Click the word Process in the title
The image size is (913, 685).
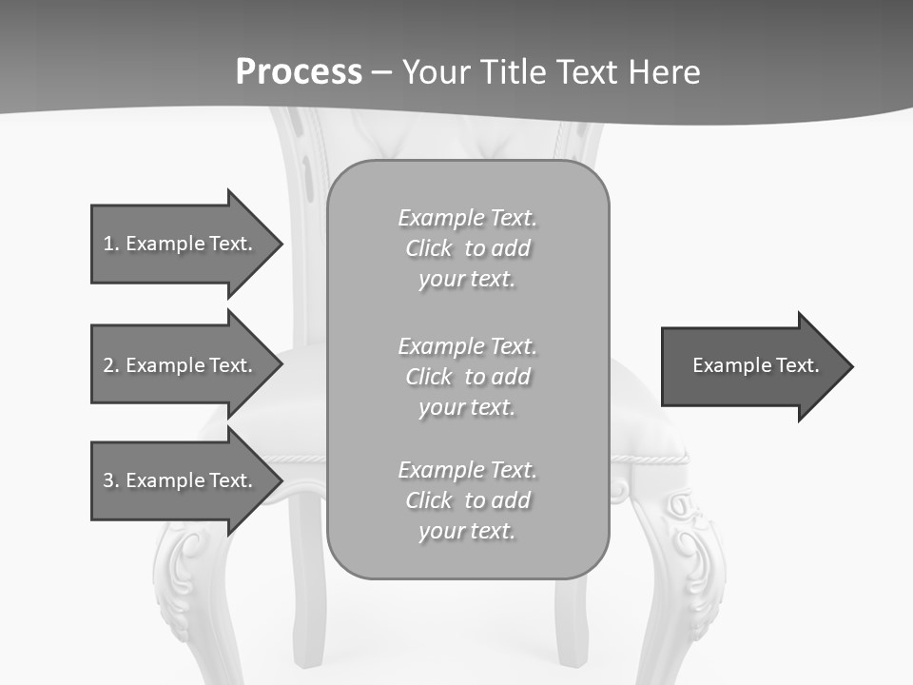(x=299, y=72)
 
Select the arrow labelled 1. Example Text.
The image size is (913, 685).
(x=181, y=244)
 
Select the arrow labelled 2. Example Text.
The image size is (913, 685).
(x=181, y=365)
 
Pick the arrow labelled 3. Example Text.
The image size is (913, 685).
(x=181, y=480)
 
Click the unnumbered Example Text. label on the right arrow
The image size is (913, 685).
(x=755, y=365)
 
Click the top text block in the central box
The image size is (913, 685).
(x=467, y=248)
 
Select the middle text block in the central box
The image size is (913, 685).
(x=467, y=377)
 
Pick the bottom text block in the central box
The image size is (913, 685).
(x=467, y=500)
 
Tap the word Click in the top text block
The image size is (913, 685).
(x=428, y=248)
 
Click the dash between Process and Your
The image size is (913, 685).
(x=381, y=74)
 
